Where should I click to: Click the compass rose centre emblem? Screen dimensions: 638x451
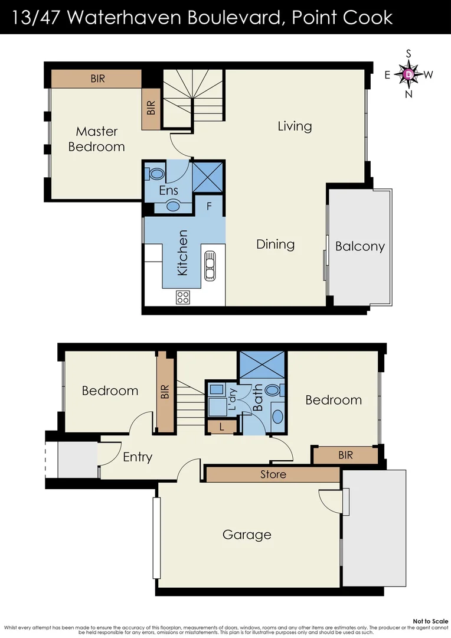point(409,74)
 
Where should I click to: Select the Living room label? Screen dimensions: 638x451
point(295,126)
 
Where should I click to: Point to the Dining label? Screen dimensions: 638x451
point(275,244)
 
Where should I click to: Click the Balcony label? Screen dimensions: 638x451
point(360,246)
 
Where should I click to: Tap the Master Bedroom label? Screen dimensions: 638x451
point(96,139)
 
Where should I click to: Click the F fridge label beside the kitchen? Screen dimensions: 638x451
point(208,207)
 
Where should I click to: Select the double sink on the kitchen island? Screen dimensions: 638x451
point(210,265)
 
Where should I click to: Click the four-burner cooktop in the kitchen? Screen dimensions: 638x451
point(183,297)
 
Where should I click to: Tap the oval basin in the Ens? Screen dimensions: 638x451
point(173,206)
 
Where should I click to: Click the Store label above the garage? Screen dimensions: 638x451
point(273,474)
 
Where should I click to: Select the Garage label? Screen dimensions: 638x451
point(247,535)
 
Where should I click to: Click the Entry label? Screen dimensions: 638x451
point(138,457)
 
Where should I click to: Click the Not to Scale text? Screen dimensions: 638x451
point(430,621)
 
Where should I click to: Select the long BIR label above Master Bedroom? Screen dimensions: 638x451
point(97,79)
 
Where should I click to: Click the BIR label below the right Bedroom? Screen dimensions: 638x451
point(345,455)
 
